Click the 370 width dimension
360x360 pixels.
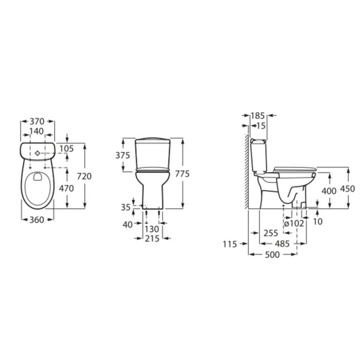(37, 122)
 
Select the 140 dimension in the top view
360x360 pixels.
(37, 131)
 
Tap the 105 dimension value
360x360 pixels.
(66, 149)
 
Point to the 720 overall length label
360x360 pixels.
(84, 176)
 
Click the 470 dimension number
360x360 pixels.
(66, 189)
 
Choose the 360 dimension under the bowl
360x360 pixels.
(37, 220)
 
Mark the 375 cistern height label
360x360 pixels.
(123, 156)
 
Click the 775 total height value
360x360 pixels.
(183, 174)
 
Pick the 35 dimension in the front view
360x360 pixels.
(126, 208)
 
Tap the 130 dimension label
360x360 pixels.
(152, 229)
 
